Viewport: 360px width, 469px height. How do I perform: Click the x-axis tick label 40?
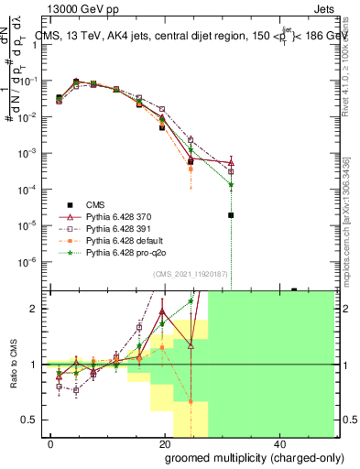(278, 442)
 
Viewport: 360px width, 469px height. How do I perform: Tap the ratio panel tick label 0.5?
(31, 420)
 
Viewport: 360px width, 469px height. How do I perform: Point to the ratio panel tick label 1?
(35, 365)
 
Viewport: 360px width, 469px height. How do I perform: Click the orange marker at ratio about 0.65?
(191, 401)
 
